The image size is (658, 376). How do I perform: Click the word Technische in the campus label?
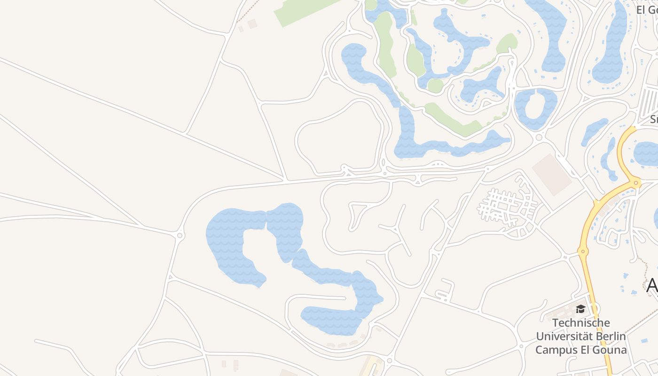point(581,323)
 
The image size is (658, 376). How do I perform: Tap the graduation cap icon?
point(581,309)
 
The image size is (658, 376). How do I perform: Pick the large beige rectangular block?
point(552,174)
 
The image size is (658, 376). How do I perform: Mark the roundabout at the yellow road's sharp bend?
point(636,183)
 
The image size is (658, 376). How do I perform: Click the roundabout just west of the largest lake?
point(179,235)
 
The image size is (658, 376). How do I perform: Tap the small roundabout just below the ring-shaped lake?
point(539,137)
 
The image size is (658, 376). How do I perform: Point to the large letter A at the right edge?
point(652,285)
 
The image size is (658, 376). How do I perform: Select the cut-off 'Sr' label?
point(653,119)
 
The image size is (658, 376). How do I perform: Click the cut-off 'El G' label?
point(646,9)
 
